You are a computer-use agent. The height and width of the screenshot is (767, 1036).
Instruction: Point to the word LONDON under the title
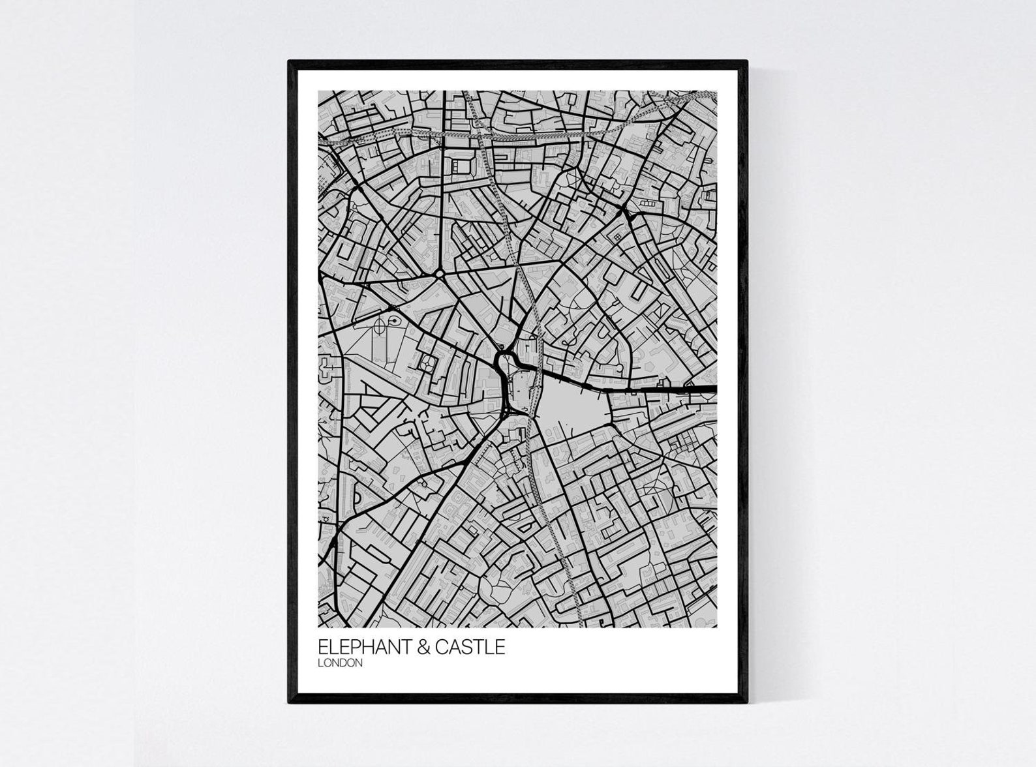[x=339, y=663]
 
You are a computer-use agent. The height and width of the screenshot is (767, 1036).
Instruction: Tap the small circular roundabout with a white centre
[x=440, y=275]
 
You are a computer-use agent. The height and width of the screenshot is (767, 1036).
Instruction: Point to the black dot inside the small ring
[x=394, y=320]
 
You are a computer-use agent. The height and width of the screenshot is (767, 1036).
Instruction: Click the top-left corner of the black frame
[x=290, y=62]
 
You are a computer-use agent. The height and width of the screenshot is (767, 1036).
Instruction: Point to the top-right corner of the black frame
[x=746, y=62]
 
